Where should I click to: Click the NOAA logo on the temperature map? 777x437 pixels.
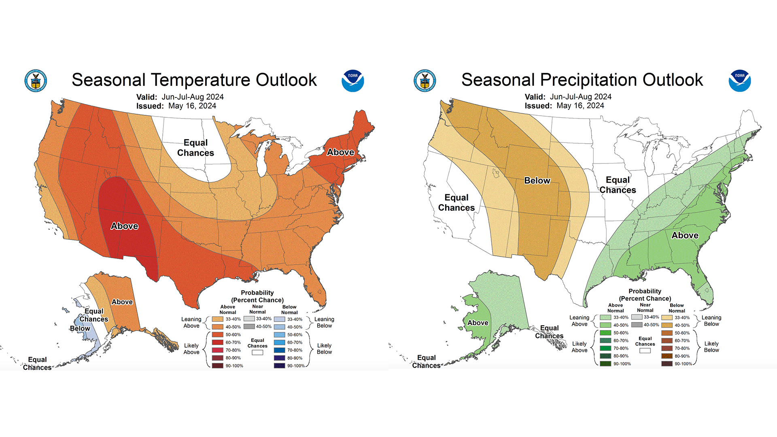tap(352, 81)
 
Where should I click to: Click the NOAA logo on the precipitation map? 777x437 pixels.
tap(740, 81)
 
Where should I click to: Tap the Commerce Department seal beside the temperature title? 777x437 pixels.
tap(36, 81)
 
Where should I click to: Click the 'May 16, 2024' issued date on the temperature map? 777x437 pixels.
tap(192, 106)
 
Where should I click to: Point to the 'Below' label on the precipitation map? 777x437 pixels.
tap(537, 180)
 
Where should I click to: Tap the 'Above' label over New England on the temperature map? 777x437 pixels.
tap(340, 152)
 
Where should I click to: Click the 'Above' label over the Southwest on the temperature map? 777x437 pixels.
tap(125, 226)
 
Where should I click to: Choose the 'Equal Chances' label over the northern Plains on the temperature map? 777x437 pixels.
tap(195, 148)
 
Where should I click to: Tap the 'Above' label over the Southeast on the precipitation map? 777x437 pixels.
tap(685, 235)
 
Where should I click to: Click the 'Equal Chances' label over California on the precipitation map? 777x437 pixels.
tap(456, 202)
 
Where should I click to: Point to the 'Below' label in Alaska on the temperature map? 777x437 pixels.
tap(80, 329)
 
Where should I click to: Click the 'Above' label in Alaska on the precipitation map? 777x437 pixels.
tap(478, 323)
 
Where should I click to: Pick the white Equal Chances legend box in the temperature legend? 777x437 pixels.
tap(257, 352)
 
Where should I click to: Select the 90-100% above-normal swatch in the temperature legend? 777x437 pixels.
tap(218, 366)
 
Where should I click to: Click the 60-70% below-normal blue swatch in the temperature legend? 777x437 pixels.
tap(279, 343)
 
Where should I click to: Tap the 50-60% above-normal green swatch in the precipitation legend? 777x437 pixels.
tap(605, 333)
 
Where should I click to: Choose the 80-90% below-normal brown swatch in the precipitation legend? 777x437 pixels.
tap(667, 356)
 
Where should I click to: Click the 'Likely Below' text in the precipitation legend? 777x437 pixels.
tap(711, 347)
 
